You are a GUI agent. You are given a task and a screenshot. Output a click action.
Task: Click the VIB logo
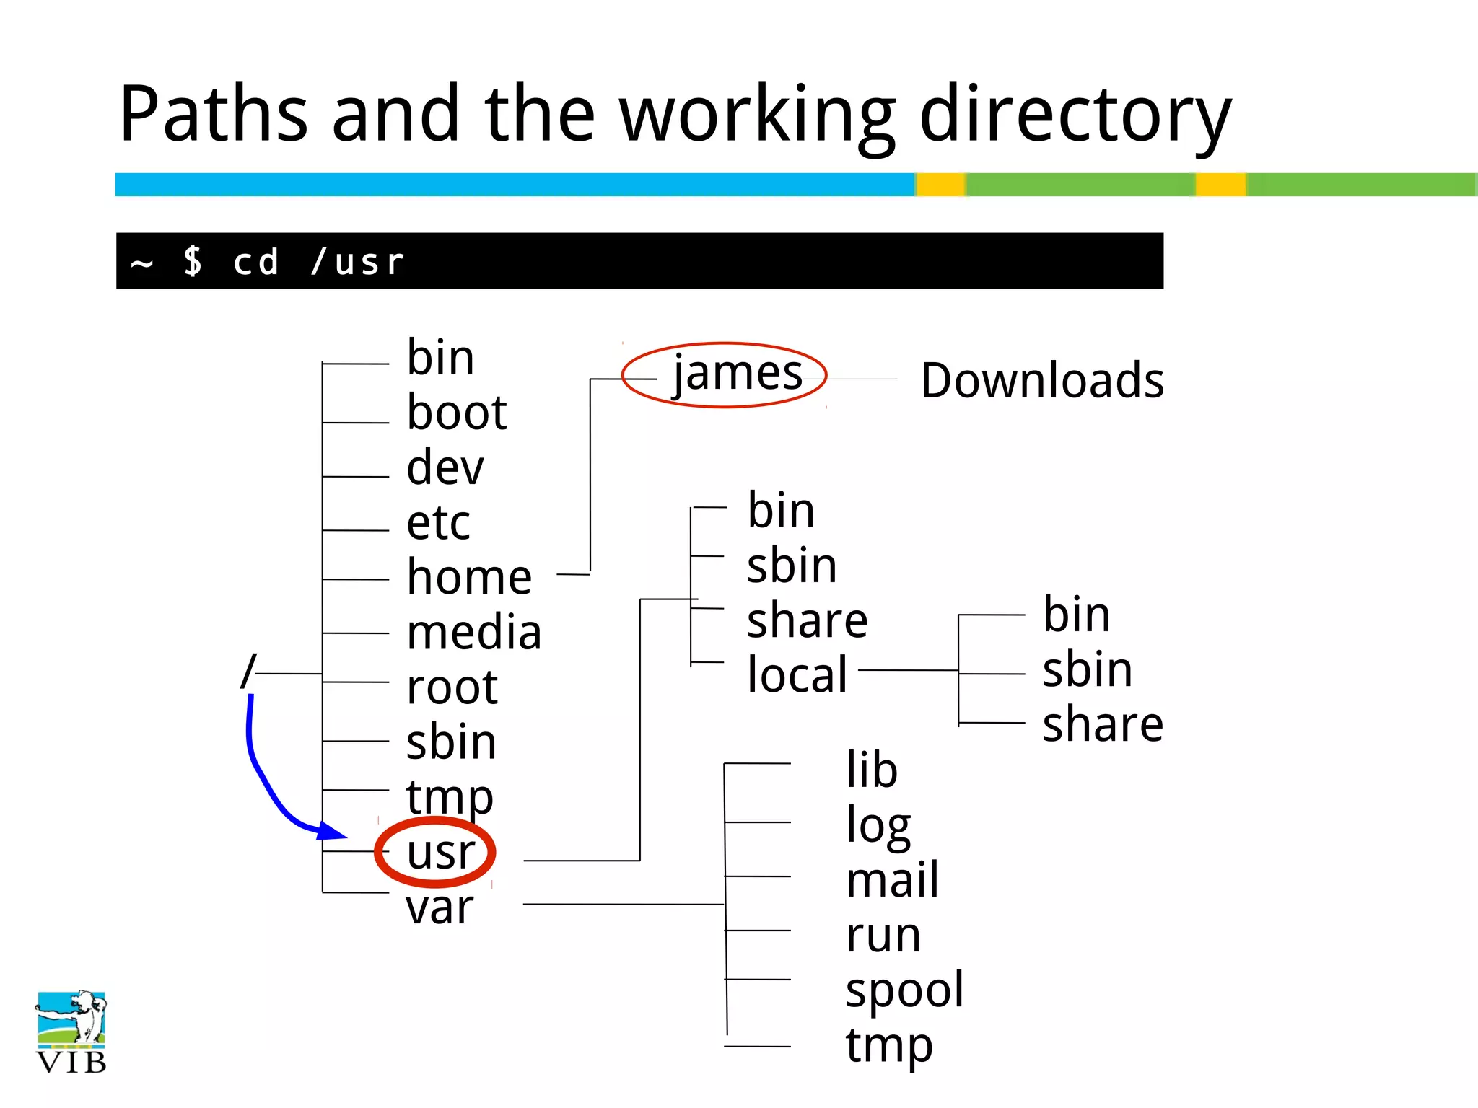point(71,1031)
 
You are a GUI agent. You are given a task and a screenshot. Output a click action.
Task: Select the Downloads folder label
point(1042,380)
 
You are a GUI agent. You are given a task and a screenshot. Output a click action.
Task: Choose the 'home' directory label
point(469,578)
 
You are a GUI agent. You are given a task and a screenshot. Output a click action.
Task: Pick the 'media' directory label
point(473,633)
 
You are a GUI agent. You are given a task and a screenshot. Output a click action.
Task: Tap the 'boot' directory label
point(456,413)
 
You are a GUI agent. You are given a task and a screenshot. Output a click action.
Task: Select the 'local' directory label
point(797,674)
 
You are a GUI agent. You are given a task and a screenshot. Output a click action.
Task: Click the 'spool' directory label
point(904,990)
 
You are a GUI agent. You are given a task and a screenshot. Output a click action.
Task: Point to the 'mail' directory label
point(892,880)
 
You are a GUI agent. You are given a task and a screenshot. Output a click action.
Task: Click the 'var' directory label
point(440,907)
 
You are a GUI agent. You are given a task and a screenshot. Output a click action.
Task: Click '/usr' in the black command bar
point(358,262)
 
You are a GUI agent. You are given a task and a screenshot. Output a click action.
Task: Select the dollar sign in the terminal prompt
point(193,261)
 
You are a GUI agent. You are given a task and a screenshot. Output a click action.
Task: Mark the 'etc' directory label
point(438,522)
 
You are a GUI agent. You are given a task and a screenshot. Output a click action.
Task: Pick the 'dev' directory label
point(445,467)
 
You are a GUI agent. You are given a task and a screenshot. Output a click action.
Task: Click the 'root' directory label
point(452,687)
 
